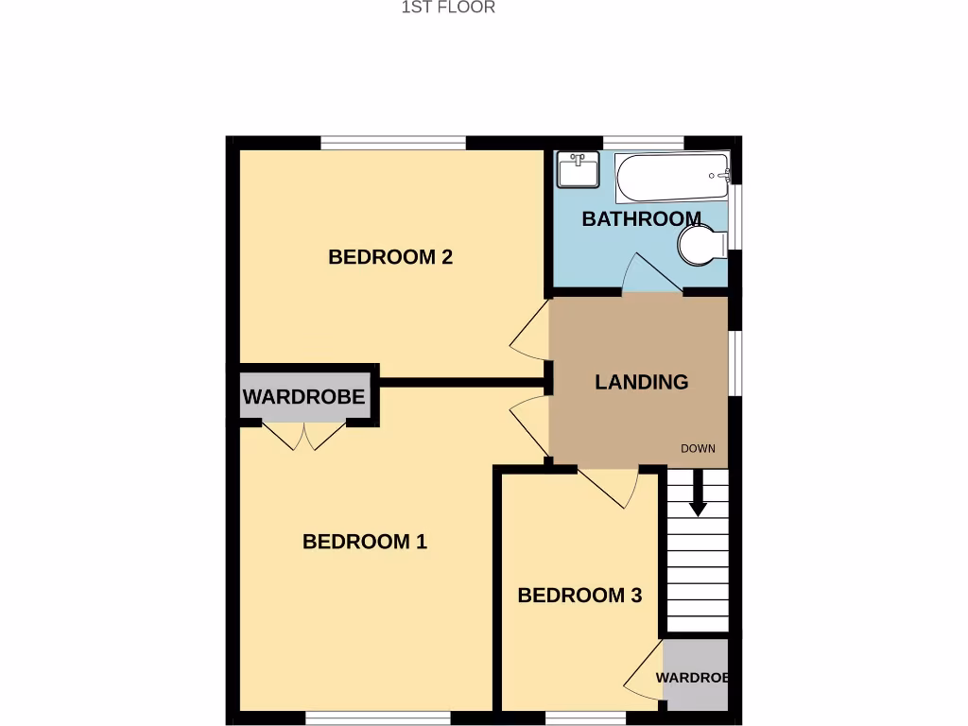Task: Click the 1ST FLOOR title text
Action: tap(448, 8)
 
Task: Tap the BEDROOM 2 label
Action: tap(390, 256)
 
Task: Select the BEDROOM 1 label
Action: tap(365, 542)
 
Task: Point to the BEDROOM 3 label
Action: tap(579, 596)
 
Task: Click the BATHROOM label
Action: tap(641, 219)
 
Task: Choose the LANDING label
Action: tap(641, 382)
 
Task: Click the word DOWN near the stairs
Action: tap(698, 448)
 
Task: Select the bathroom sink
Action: tap(577, 170)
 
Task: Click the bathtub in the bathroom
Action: tap(671, 177)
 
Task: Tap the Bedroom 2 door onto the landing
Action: tap(531, 331)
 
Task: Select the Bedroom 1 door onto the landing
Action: tap(531, 425)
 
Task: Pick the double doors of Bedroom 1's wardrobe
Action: tap(303, 436)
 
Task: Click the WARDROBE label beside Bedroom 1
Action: tap(303, 397)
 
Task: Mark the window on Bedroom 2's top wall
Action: tap(393, 143)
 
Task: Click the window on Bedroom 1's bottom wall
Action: tap(377, 718)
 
